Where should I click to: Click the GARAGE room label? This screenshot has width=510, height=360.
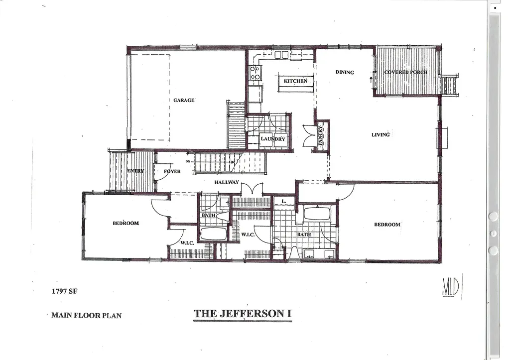click(184, 100)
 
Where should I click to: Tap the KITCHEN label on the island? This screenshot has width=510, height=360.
click(295, 81)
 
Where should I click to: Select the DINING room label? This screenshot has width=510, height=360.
click(345, 72)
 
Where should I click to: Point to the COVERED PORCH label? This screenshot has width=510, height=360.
click(405, 72)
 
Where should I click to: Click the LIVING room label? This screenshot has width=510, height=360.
click(381, 134)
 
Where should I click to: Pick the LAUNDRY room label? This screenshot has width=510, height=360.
click(273, 139)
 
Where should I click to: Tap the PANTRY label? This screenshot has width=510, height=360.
click(321, 135)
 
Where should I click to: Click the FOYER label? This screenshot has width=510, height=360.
click(172, 171)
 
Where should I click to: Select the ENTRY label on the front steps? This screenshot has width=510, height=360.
click(135, 171)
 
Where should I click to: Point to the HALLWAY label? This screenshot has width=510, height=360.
click(227, 182)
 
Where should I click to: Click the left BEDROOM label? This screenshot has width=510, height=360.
click(126, 223)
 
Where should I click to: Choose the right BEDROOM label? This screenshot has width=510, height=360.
click(387, 225)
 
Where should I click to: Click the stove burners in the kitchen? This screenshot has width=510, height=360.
click(255, 73)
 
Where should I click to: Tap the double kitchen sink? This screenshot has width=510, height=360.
click(281, 55)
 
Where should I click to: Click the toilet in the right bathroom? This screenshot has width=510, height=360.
click(294, 253)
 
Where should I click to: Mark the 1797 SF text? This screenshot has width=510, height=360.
click(65, 292)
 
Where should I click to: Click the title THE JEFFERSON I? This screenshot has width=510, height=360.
click(242, 314)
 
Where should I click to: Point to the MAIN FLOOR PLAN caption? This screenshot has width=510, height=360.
click(86, 315)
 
